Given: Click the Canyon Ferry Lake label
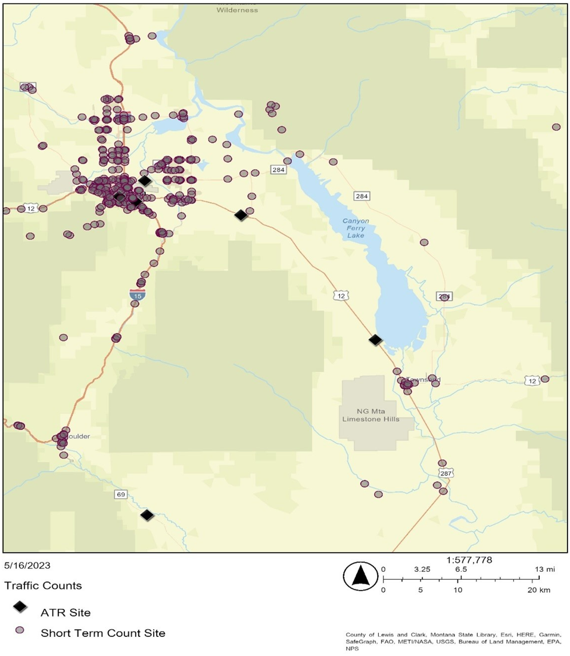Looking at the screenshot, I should (356, 228).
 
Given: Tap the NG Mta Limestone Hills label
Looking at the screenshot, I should (377, 415).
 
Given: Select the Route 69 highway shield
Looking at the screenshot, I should (122, 494).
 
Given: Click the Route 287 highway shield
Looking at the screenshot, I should (447, 473).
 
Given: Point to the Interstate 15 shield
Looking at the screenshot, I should (137, 295).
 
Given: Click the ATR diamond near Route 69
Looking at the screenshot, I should (147, 515).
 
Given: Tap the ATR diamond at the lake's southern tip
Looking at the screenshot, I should (375, 340).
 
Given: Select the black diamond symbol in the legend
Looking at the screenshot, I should (21, 607).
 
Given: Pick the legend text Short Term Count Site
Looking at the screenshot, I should (102, 633).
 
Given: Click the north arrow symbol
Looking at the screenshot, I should (360, 576).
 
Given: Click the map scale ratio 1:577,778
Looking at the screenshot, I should (469, 560).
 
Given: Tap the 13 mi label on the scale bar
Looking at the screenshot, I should (545, 570).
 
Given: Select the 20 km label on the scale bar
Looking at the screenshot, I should (542, 590).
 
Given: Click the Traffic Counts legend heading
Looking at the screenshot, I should (43, 586).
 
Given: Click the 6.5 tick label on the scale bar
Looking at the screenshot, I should (460, 570).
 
